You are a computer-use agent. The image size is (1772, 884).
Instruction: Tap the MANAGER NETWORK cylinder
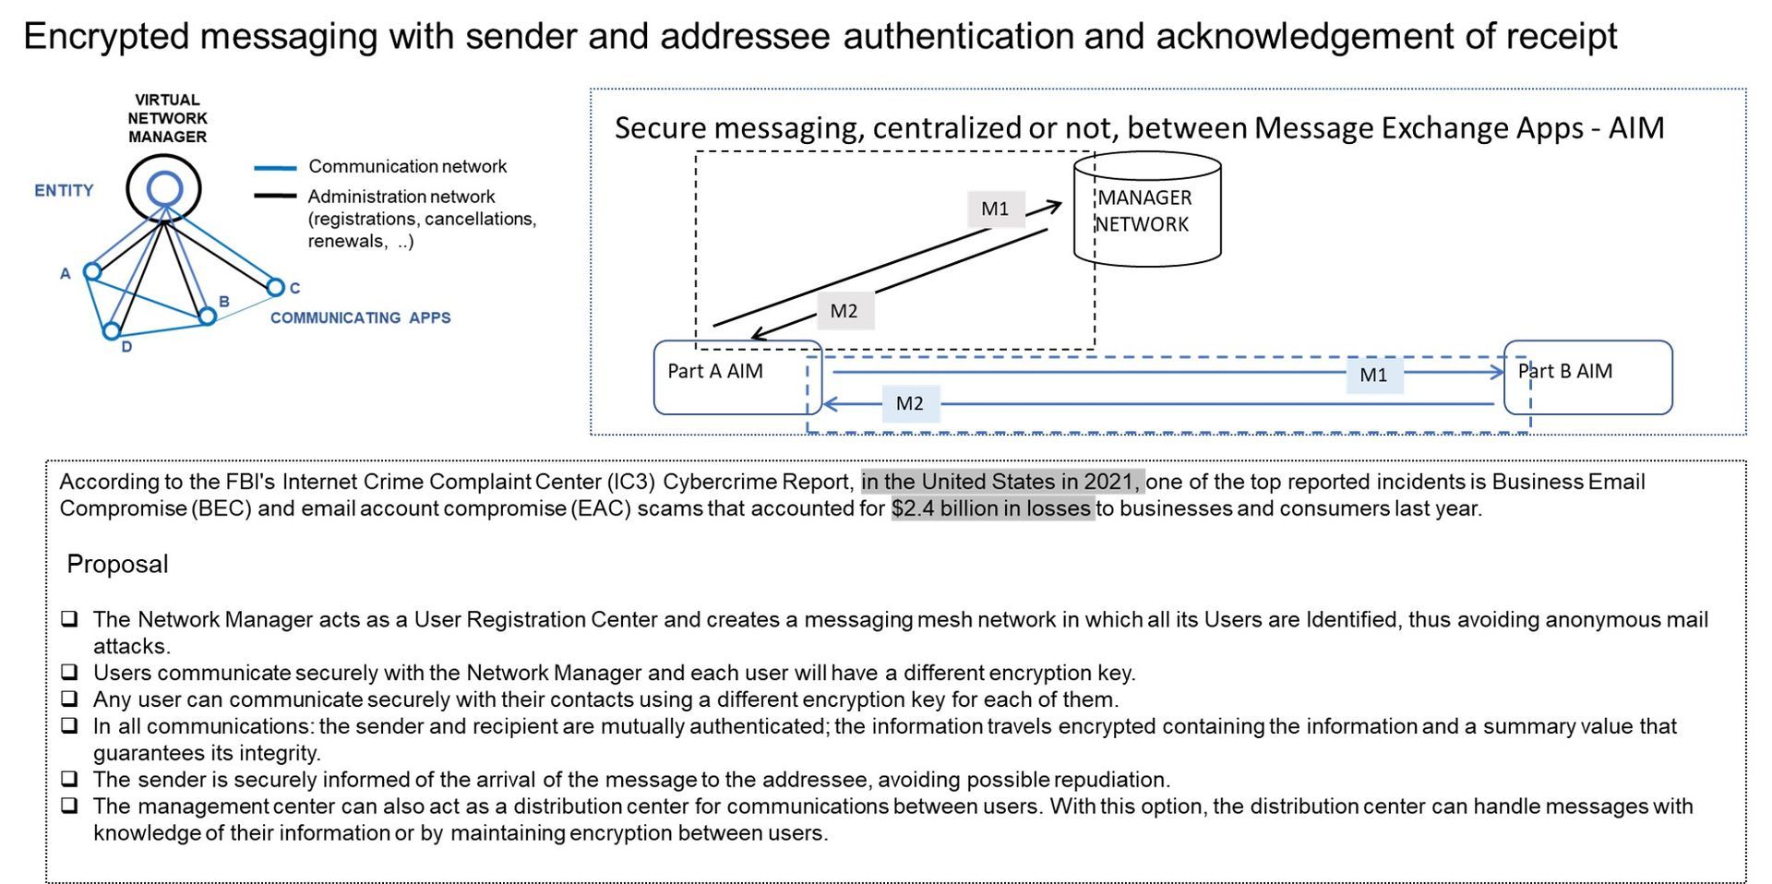[x=1147, y=209]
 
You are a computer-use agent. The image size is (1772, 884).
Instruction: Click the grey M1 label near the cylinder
[x=996, y=209]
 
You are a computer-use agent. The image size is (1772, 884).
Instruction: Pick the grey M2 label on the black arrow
[x=844, y=311]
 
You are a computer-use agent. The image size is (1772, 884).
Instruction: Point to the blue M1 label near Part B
[x=1374, y=375]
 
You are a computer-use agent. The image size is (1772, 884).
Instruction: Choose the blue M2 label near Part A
[x=910, y=403]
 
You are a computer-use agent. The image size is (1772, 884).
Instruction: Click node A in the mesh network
[x=92, y=271]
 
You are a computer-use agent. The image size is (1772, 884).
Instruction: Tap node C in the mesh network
[x=275, y=287]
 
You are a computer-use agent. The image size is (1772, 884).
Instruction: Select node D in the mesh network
[x=112, y=330]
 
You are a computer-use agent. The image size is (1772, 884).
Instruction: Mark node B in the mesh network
[x=208, y=317]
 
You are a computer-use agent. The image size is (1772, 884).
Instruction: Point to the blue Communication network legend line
[x=275, y=168]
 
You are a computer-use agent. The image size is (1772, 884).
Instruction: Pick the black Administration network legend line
[x=275, y=196]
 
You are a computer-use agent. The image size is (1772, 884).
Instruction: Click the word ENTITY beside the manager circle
[x=64, y=191]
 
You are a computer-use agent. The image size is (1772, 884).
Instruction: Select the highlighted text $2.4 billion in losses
[x=992, y=508]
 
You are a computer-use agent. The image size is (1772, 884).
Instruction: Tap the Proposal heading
[x=117, y=564]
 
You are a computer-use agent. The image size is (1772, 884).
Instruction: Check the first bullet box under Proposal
[x=69, y=619]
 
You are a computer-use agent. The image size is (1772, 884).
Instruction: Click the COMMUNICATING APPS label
[x=361, y=317]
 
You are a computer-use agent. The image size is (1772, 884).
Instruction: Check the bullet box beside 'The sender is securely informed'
[x=69, y=780]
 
